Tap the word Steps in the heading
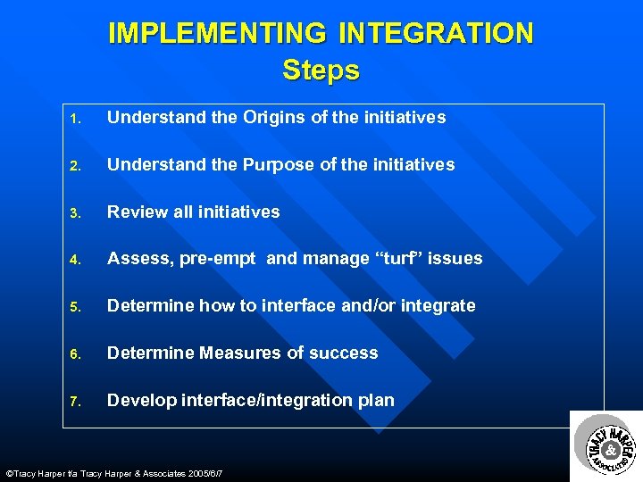pyautogui.click(x=321, y=70)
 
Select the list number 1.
pyautogui.click(x=78, y=119)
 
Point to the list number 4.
pyautogui.click(x=78, y=260)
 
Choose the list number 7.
pyautogui.click(x=78, y=402)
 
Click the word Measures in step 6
pyautogui.click(x=241, y=353)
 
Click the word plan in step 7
pyautogui.click(x=374, y=401)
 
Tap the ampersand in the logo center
pyautogui.click(x=612, y=449)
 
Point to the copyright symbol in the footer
pyautogui.click(x=9, y=473)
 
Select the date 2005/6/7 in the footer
pyautogui.click(x=201, y=473)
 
